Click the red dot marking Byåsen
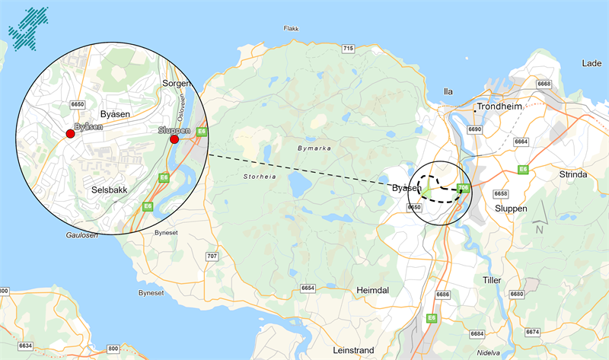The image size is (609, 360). pos(70,134)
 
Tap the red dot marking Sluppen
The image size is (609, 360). pos(174,139)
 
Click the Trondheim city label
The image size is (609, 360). pos(501,107)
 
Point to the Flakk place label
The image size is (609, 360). pos(291,29)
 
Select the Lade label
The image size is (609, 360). pos(591,65)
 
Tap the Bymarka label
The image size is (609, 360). pos(314,148)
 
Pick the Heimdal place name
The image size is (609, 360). pos(373,291)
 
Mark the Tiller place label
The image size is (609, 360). pos(492,281)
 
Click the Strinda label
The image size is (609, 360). pos(573,174)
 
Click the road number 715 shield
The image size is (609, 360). pos(349,49)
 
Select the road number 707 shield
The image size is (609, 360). pos(212,256)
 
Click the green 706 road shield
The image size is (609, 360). pos(464,187)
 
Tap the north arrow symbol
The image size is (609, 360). pos(540,221)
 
